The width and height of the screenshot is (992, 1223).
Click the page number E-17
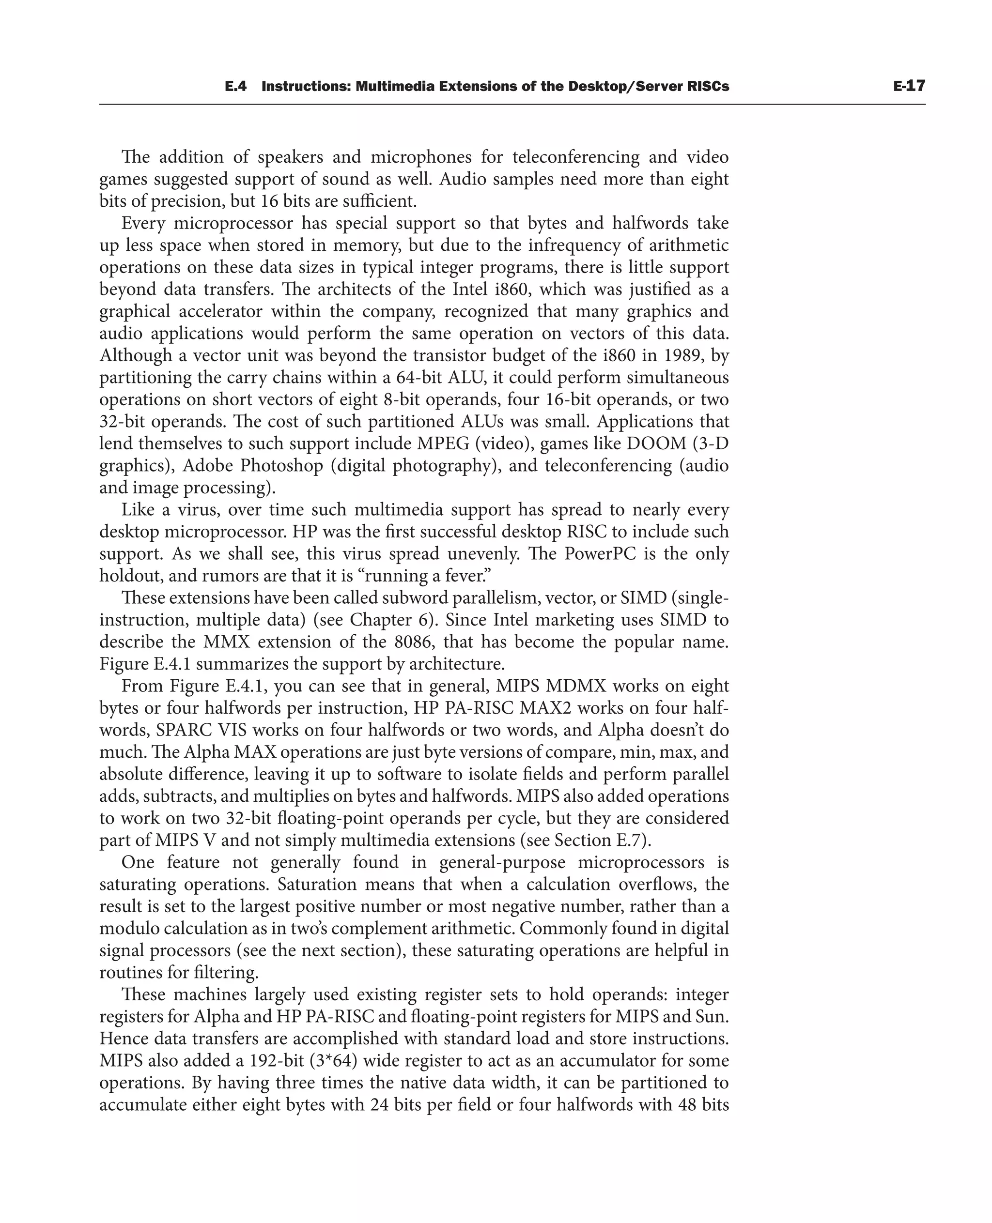(909, 86)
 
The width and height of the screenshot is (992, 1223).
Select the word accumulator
(608, 1061)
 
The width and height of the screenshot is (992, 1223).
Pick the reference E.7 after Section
(629, 841)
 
